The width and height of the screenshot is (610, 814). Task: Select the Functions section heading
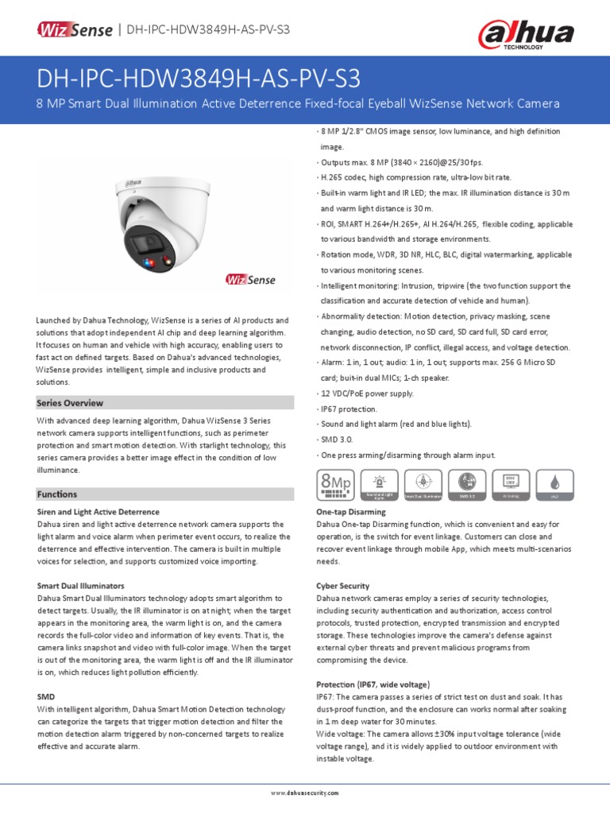click(57, 494)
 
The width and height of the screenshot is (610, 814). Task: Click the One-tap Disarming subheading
click(351, 512)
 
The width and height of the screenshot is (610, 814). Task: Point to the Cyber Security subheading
click(343, 586)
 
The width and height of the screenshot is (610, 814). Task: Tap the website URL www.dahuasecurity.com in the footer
click(305, 793)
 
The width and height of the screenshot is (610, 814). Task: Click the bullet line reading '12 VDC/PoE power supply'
click(367, 393)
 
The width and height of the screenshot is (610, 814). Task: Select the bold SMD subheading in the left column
click(46, 696)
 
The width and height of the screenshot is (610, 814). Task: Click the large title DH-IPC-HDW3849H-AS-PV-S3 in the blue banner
click(199, 79)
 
